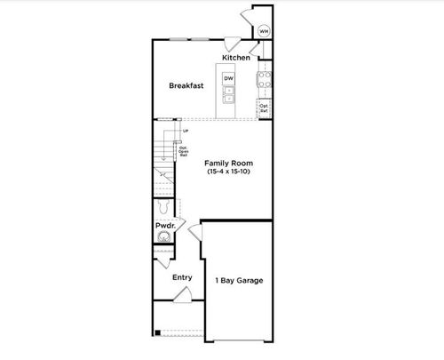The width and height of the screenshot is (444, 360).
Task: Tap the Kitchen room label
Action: click(x=235, y=58)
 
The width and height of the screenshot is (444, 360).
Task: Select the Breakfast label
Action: click(x=186, y=85)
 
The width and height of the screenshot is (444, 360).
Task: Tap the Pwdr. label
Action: click(x=164, y=227)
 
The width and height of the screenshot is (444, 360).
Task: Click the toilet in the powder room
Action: click(x=163, y=207)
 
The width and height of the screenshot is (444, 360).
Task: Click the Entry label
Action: click(x=181, y=277)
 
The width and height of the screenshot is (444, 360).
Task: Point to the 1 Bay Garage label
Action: click(x=239, y=281)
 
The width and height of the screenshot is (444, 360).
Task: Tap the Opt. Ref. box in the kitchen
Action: click(x=264, y=108)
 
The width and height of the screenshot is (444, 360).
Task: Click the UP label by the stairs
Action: click(x=185, y=132)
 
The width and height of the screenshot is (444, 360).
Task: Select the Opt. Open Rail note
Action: click(x=183, y=151)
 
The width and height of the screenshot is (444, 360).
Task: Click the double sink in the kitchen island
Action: click(x=228, y=95)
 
